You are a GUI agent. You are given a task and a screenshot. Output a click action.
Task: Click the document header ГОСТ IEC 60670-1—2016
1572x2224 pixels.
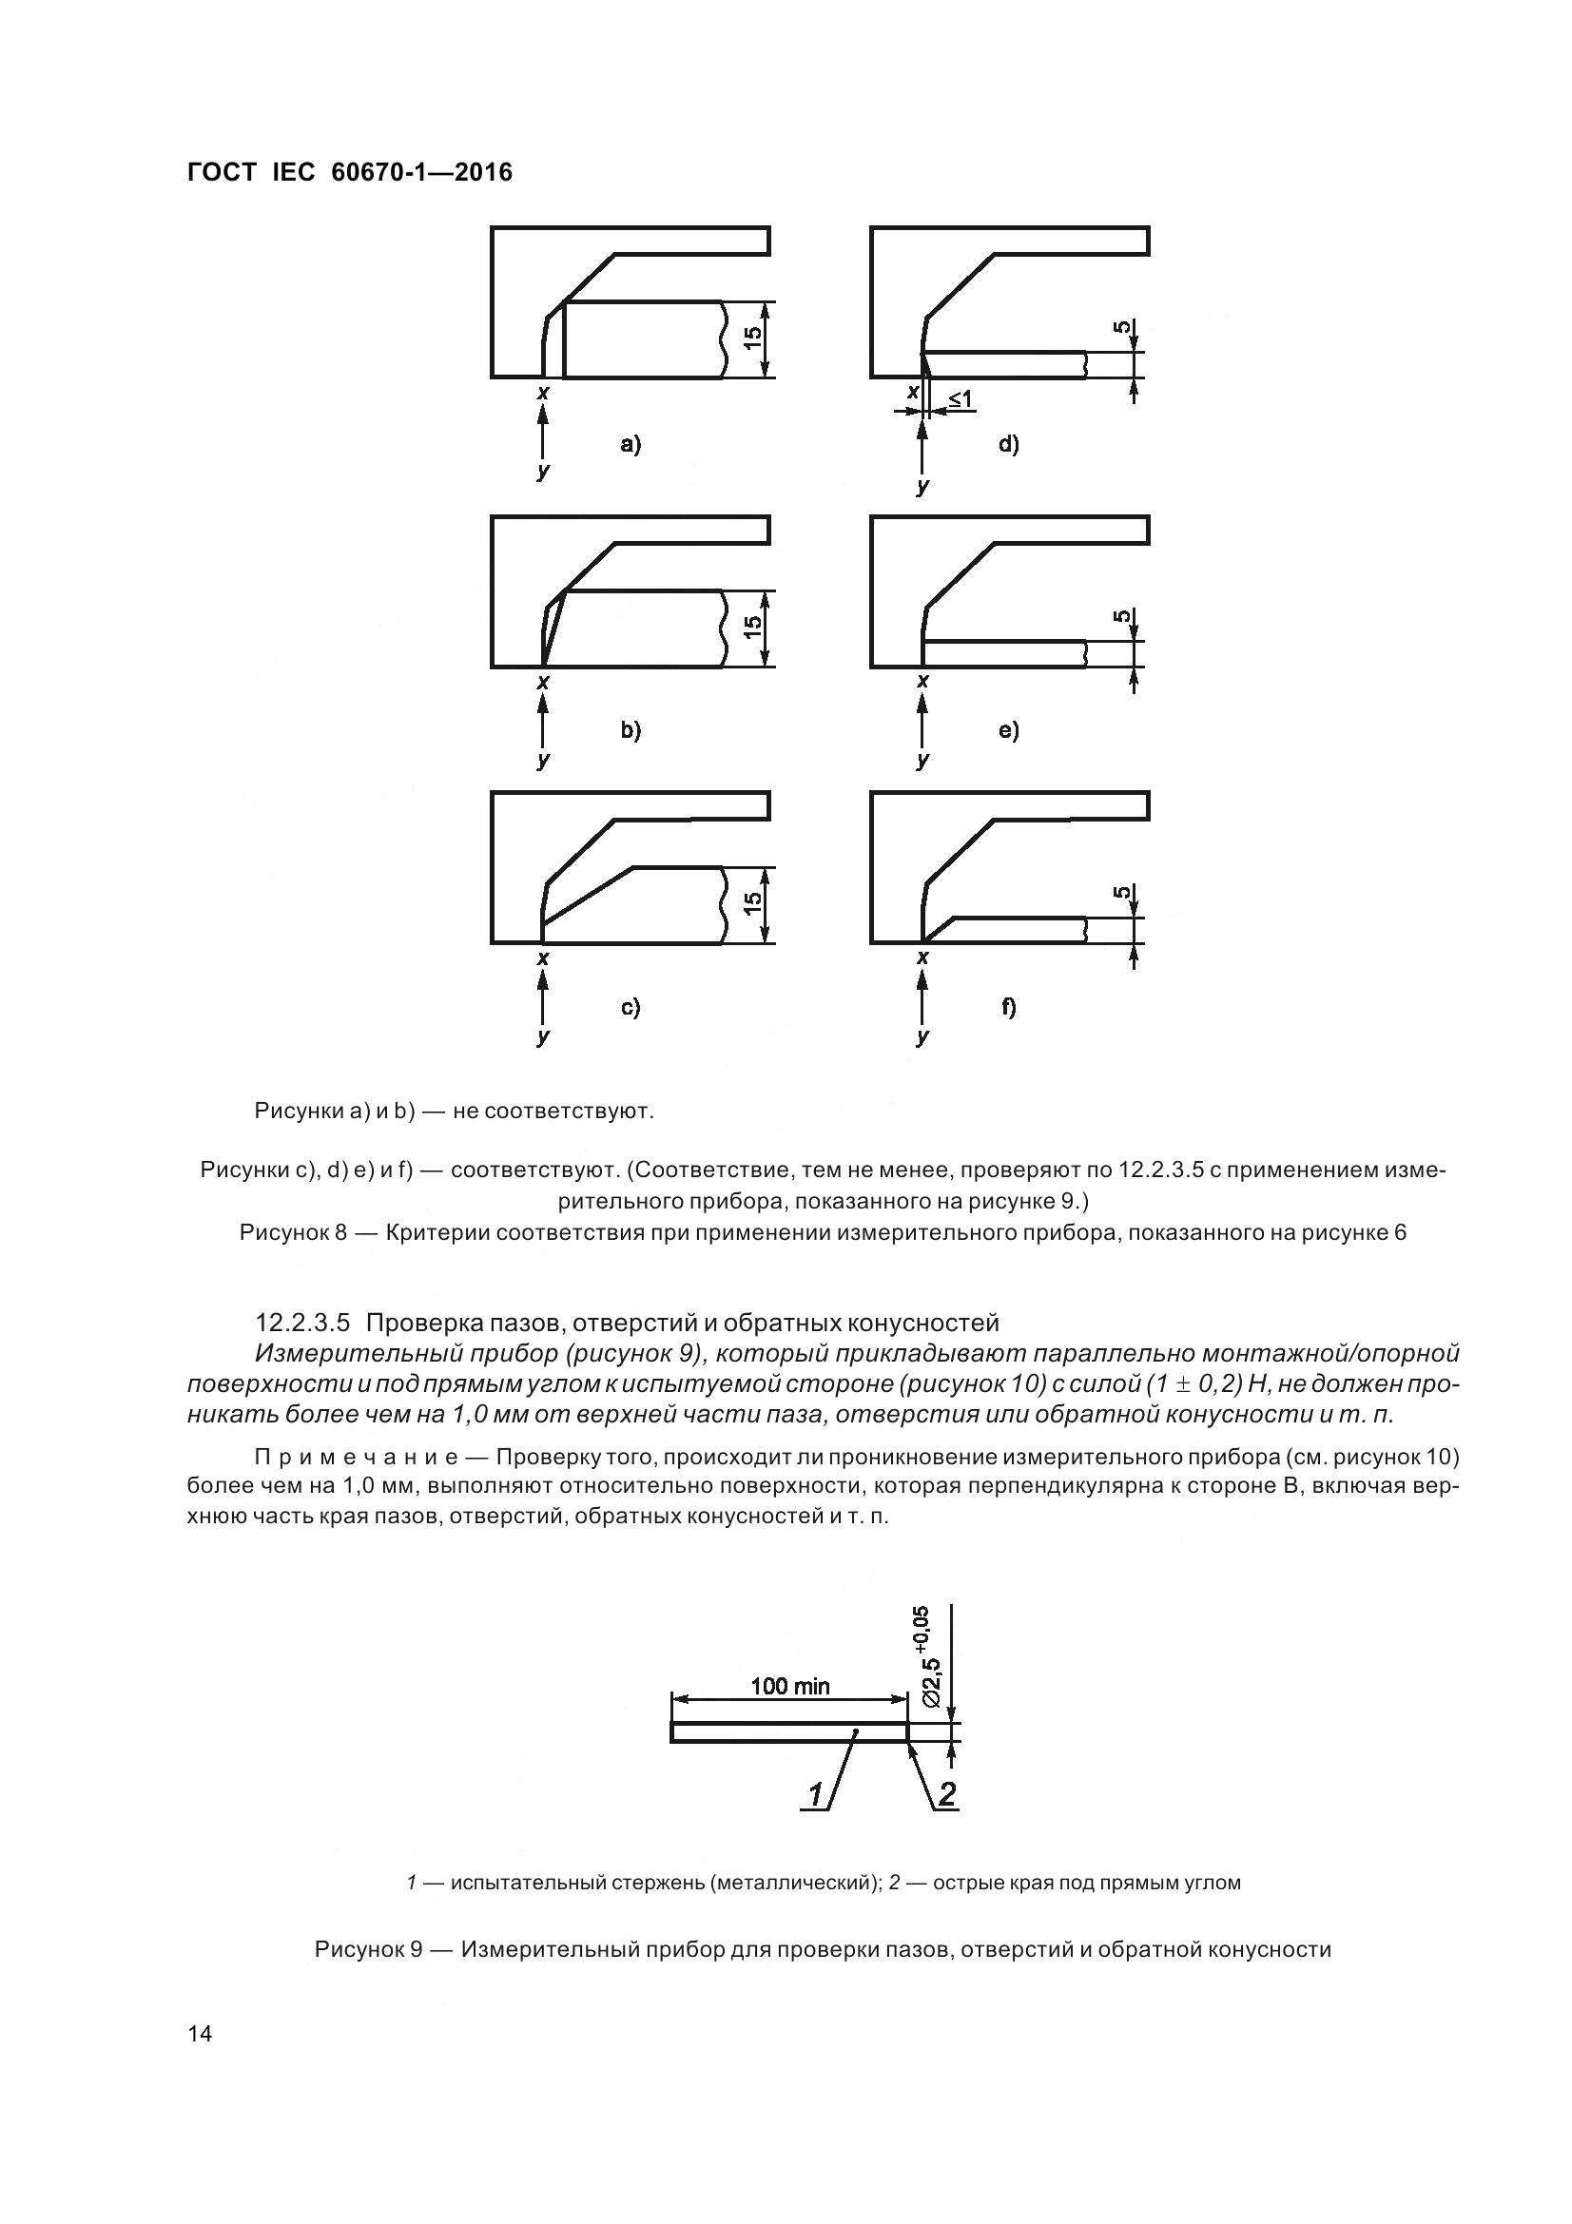349,173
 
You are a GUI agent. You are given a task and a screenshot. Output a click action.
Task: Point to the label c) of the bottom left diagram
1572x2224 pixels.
631,1007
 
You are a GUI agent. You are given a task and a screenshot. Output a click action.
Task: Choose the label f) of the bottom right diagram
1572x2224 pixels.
1009,1007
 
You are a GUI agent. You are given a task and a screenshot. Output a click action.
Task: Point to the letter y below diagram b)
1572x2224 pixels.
543,761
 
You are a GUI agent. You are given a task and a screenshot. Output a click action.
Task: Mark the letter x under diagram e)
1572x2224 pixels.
922,682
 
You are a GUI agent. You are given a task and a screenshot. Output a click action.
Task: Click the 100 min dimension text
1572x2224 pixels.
790,1687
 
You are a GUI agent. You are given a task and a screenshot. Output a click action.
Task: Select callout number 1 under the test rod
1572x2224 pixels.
816,1795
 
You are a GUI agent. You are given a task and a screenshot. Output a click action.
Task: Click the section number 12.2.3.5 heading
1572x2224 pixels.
307,1323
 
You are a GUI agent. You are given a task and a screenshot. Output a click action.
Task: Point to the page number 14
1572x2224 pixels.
200,2034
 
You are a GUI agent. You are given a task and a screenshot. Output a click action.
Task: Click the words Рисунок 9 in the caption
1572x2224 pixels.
368,1949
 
